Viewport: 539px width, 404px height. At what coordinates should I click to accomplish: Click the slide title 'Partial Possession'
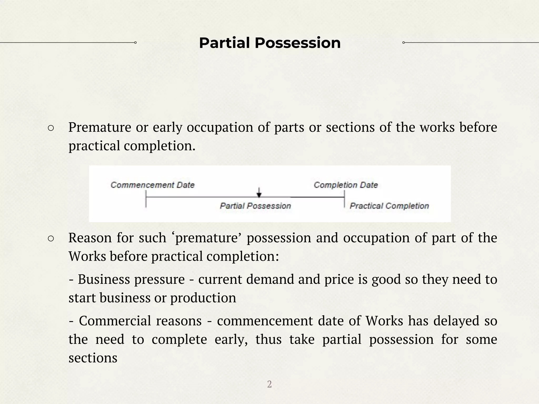coord(270,43)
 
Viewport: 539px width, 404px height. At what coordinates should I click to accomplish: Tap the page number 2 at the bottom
coord(269,384)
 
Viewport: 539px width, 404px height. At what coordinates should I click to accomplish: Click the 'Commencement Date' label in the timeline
coord(152,185)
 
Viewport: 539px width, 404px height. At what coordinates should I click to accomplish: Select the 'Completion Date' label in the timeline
coord(346,185)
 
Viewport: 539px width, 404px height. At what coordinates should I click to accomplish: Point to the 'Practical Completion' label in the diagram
coord(389,206)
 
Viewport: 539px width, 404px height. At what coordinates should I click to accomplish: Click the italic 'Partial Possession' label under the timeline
coord(255,206)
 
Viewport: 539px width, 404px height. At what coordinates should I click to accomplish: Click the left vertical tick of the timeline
coord(146,199)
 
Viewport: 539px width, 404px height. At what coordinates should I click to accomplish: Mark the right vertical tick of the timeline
coord(344,199)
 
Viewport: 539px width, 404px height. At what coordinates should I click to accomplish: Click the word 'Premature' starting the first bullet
coord(100,127)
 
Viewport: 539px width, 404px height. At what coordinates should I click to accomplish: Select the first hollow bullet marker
coord(51,128)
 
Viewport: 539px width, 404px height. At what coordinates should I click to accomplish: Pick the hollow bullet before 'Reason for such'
coord(51,239)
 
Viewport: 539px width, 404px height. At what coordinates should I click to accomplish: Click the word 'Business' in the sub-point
coord(105,279)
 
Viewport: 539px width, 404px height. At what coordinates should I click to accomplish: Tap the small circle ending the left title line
coord(135,43)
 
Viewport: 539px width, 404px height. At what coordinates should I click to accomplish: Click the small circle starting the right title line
coord(403,43)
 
